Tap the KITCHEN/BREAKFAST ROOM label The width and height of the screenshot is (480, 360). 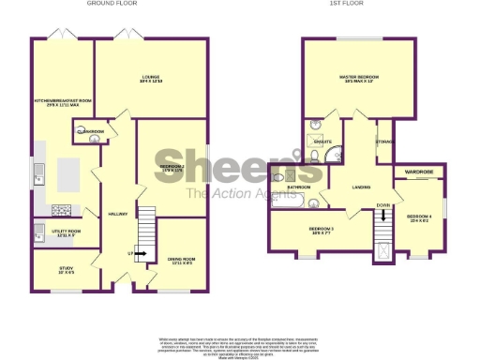point(63,100)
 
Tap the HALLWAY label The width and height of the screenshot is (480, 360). point(117,213)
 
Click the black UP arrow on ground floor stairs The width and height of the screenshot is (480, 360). point(139,253)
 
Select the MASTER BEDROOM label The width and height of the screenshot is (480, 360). point(357,78)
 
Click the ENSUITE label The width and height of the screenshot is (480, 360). point(324,142)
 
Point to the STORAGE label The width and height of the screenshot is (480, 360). point(384,142)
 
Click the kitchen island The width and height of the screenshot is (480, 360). point(68,174)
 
